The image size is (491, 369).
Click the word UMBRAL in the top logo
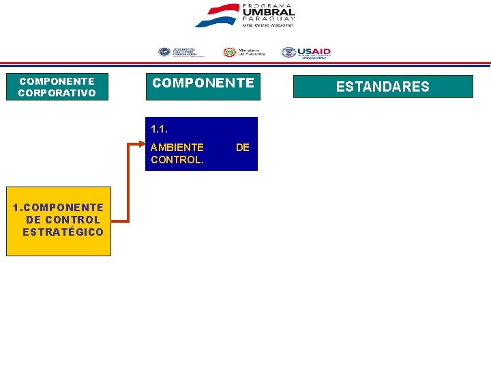click(x=268, y=12)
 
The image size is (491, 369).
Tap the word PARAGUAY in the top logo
click(x=268, y=19)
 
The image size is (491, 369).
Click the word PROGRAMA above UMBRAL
click(x=268, y=5)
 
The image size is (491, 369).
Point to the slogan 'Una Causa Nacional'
click(x=268, y=25)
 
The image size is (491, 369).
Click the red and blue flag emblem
click(x=217, y=15)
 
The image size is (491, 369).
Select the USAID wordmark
click(x=314, y=51)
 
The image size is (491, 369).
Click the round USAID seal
click(x=288, y=53)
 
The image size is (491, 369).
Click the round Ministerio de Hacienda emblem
click(x=230, y=53)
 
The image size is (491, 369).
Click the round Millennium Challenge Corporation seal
click(x=164, y=53)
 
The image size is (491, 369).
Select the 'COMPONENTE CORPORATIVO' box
click(x=57, y=87)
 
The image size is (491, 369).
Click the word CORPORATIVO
click(x=57, y=93)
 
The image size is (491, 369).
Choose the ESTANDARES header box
click(x=383, y=87)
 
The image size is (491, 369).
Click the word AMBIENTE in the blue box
click(x=177, y=147)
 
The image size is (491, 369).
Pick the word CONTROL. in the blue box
click(x=177, y=160)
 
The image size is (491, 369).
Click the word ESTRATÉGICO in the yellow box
click(x=63, y=232)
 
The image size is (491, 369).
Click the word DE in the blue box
click(x=242, y=147)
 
